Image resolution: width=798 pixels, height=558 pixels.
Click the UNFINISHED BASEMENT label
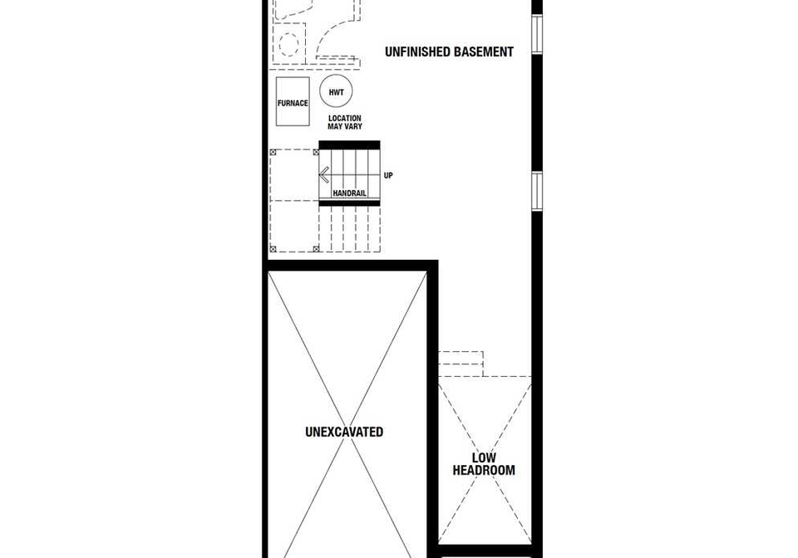tap(449, 51)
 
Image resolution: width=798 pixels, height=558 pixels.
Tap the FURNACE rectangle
tap(293, 101)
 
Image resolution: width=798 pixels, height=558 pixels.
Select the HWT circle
tap(336, 92)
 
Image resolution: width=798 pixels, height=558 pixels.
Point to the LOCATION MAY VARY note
tap(344, 122)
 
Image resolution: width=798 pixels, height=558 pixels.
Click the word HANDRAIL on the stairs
tap(349, 193)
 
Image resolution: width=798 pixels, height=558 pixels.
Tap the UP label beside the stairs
tap(388, 175)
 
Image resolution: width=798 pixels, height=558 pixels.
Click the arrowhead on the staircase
tap(323, 175)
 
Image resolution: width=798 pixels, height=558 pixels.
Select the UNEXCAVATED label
tap(344, 432)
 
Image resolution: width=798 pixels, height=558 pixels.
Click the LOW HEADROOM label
tap(484, 464)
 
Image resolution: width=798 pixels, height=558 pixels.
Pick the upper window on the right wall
tap(537, 33)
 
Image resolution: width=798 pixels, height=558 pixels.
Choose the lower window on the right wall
tap(537, 191)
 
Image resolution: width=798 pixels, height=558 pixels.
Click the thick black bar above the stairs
tap(349, 144)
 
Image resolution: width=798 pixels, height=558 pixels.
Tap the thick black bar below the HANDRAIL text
tap(349, 203)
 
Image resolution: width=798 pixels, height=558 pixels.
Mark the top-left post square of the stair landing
tap(273, 151)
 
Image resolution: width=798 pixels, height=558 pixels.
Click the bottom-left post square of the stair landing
tap(273, 248)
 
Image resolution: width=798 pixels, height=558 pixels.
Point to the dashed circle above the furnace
tap(289, 45)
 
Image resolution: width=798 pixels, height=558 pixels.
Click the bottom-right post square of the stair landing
tap(316, 248)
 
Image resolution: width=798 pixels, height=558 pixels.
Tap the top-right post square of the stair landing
tap(316, 151)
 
